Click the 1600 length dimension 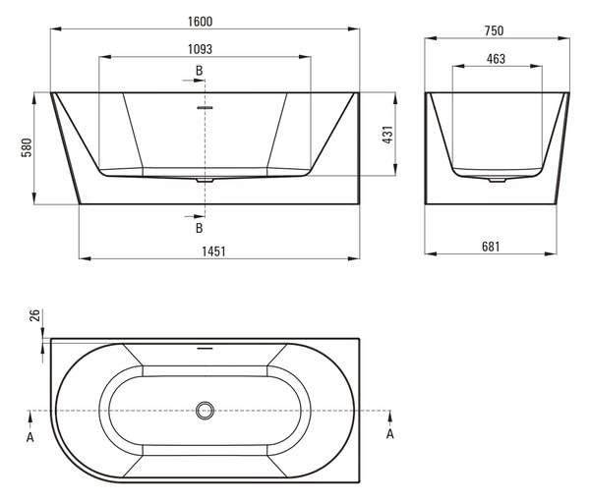tap(201, 22)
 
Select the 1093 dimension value tap(201, 49)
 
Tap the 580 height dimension tap(27, 147)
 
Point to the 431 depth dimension tap(387, 135)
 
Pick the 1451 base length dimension tap(213, 251)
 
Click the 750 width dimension tap(494, 30)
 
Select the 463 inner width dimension tap(496, 59)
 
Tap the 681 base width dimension tap(491, 247)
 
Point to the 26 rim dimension tap(34, 315)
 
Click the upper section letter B tap(199, 71)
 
